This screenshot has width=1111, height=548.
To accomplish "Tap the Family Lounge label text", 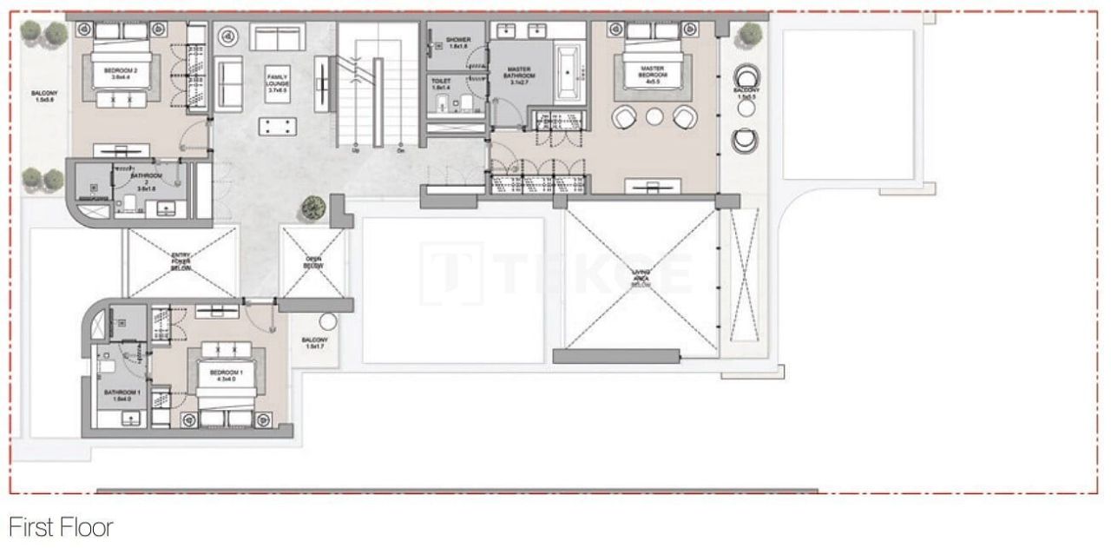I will [x=278, y=83].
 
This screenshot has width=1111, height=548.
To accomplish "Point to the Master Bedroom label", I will [x=653, y=72].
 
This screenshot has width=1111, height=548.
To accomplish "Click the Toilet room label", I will [x=441, y=84].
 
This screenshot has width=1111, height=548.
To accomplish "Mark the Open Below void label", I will [x=313, y=261].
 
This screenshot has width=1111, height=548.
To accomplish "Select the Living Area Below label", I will [x=641, y=278].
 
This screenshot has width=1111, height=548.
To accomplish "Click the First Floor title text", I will [x=61, y=526].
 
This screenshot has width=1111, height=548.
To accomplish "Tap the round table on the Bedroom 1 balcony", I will [x=326, y=321].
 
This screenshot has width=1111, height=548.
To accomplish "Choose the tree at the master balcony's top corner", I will [x=748, y=36].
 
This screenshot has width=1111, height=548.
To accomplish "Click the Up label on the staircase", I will [x=356, y=149].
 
